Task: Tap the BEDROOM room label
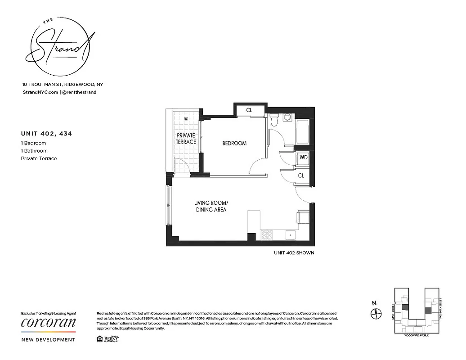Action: pos(234,144)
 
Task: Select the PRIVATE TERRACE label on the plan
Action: pos(186,139)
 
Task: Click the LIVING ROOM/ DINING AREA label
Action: pos(210,207)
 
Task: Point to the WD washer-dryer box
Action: pos(303,157)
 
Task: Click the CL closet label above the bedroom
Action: pos(249,110)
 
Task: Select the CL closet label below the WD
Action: pos(301,176)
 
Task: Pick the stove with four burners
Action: pos(266,235)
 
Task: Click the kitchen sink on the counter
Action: pos(290,234)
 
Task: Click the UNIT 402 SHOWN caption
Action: pos(294,253)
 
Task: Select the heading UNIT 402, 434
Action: pos(46,134)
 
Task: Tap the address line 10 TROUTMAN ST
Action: pos(63,84)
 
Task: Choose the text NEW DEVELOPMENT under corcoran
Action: pos(49,340)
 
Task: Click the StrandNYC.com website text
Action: pos(40,92)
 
